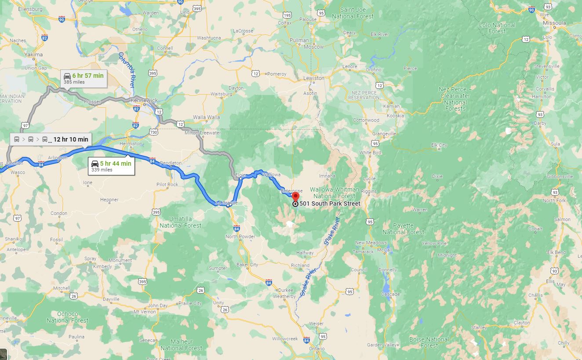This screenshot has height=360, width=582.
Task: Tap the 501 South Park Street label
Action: (330, 204)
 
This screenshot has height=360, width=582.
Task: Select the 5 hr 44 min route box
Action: (111, 166)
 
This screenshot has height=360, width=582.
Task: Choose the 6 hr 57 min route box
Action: (84, 78)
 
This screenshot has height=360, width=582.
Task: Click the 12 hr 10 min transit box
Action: (51, 139)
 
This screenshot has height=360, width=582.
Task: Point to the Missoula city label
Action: (555, 23)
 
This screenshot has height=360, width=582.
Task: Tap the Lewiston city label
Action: (314, 78)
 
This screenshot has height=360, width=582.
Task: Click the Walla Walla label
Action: (207, 117)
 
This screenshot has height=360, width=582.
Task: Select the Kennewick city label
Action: (144, 100)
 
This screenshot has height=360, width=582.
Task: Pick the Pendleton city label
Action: (171, 163)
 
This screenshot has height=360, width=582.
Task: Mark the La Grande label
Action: (227, 203)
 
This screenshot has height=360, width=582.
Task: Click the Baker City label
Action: (247, 265)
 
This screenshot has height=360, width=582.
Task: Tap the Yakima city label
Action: (34, 55)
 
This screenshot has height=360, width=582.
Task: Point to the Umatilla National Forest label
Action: (180, 222)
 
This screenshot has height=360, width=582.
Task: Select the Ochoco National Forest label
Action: (67, 317)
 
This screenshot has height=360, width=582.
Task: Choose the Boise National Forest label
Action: (429, 342)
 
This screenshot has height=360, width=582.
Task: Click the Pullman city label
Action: (299, 40)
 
